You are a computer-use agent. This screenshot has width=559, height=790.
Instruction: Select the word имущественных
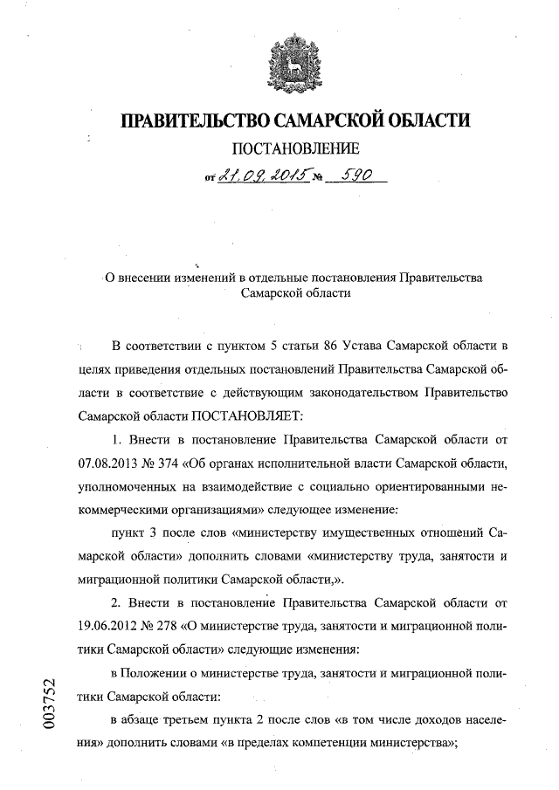click(367, 532)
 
